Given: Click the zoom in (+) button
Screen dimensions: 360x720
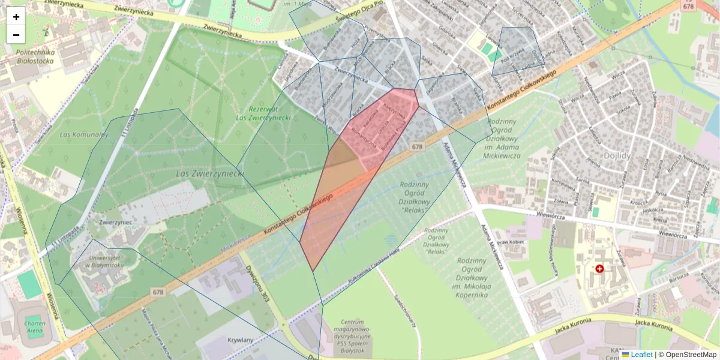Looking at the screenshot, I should tap(16, 17).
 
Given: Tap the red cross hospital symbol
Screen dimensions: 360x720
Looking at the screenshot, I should tap(599, 269).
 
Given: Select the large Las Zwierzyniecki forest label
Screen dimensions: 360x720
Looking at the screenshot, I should tap(210, 173).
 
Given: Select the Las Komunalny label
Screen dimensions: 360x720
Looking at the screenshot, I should tap(84, 134).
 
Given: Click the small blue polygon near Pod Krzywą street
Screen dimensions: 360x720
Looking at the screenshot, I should tap(517, 52).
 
